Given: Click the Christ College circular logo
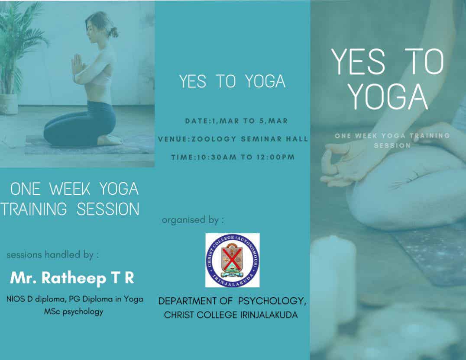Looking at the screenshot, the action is tap(233, 260).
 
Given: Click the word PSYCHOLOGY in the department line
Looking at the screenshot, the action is tap(272, 301).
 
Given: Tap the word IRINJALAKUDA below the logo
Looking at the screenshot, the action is tap(269, 315).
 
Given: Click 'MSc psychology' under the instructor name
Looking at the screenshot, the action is tap(73, 312).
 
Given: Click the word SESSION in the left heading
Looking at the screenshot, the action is tap(108, 209).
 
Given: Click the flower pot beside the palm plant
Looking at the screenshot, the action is tap(8, 104).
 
